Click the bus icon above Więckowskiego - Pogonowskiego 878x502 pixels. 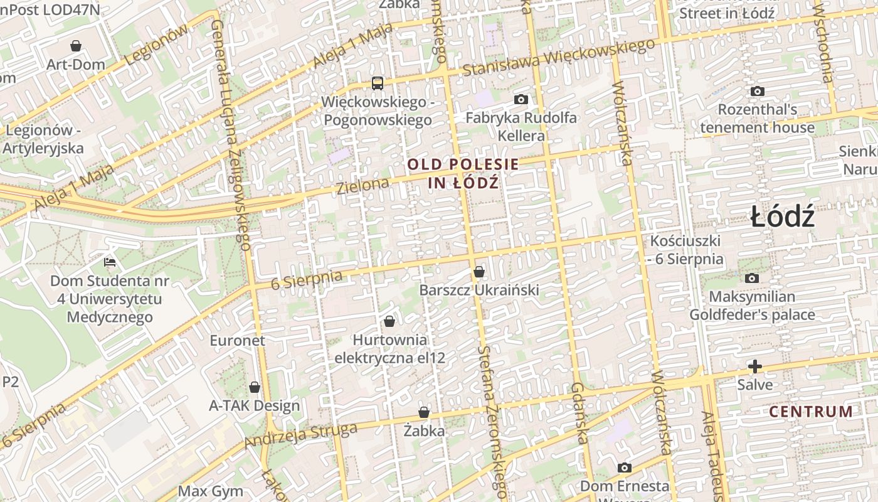377,83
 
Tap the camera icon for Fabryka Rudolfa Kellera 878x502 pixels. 521,99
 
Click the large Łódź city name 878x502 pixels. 783,217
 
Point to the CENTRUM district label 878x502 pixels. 811,412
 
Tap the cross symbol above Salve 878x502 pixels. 755,366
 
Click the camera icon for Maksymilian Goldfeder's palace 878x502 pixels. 751,278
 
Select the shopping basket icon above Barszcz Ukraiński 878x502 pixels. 479,272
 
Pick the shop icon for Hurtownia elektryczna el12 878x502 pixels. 389,321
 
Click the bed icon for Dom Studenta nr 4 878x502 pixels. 110,261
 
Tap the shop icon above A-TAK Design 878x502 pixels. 255,387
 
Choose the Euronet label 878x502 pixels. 238,341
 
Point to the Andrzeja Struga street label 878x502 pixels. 300,435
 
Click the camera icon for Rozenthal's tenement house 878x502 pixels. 758,91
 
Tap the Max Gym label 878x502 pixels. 211,491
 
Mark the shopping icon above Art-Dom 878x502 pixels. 76,46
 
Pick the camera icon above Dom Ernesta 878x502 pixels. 624,467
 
